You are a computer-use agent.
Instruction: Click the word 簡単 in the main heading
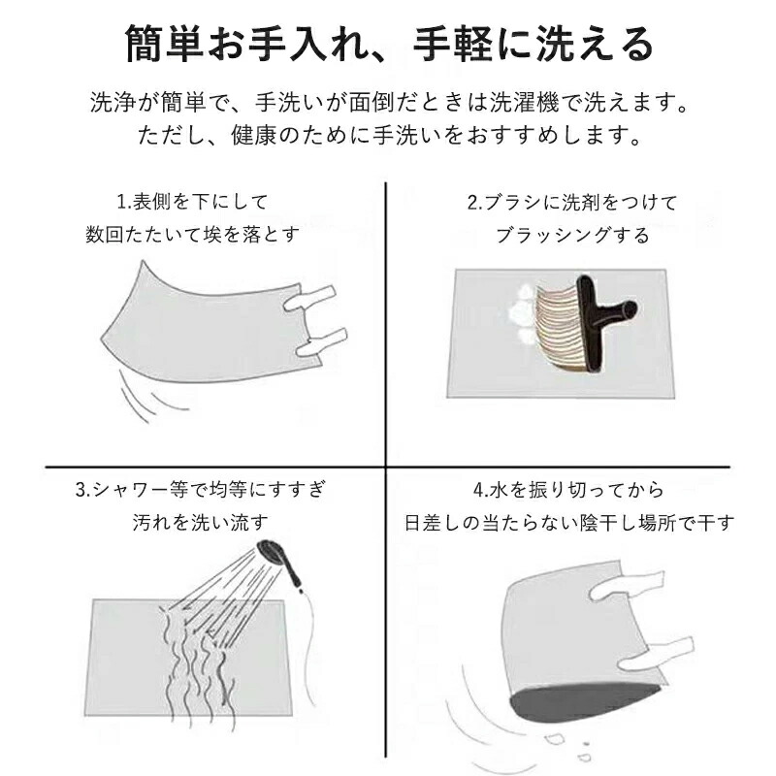point(164,45)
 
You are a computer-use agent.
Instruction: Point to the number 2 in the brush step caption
point(472,203)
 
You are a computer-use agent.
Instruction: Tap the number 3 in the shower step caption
point(81,491)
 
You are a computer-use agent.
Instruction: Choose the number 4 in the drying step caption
point(478,491)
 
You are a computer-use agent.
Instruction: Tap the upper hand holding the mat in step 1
point(310,298)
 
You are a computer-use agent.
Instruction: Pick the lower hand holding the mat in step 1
point(322,342)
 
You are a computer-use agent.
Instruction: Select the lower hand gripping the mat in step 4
point(656,653)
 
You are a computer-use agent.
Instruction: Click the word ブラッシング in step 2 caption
point(552,236)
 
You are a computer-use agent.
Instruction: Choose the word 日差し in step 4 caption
point(430,523)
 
